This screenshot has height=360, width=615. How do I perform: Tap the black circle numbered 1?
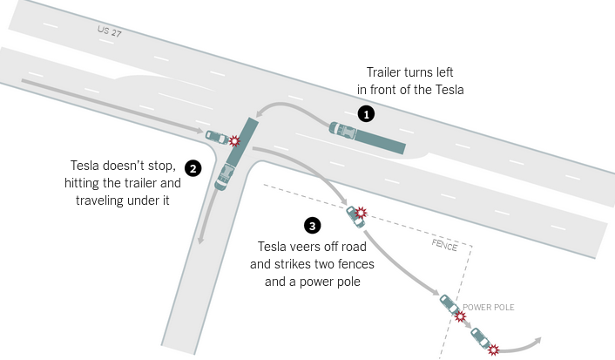[368, 113]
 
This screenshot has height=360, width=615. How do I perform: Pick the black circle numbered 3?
[312, 226]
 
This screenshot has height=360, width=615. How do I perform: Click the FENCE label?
[444, 245]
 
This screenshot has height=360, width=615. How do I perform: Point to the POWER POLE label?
[490, 307]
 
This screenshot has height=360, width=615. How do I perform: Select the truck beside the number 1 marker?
[367, 136]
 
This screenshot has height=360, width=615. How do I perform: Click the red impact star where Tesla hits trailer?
[233, 140]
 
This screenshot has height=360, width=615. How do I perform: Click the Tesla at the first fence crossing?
[355, 212]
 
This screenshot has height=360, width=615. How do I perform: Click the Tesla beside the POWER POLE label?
[449, 304]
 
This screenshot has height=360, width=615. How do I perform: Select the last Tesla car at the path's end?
[480, 336]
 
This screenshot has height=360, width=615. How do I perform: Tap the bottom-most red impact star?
[494, 350]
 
